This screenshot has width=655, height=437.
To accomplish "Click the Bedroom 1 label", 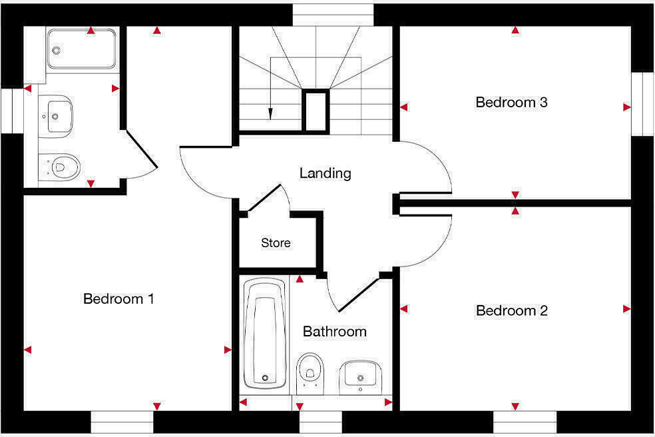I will (x=118, y=299).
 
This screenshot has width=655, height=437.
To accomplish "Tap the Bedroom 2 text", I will (x=511, y=311).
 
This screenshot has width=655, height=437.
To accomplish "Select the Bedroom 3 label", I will (x=511, y=103).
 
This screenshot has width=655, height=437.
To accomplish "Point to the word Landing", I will (x=325, y=174).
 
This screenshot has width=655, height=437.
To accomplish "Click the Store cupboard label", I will (x=276, y=243).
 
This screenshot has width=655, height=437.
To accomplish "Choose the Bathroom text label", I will (x=334, y=332).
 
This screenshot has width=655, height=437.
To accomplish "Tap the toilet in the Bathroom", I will (x=310, y=370).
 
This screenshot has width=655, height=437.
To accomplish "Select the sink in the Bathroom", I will (x=361, y=376).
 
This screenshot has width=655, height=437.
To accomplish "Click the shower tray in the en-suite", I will (x=81, y=49).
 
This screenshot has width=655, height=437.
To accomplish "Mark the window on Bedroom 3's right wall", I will (x=642, y=103).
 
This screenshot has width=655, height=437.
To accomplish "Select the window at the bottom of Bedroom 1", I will (x=122, y=422).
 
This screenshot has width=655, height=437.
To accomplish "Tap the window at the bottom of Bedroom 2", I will (x=525, y=422).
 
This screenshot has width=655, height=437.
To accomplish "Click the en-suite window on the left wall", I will (x=11, y=110).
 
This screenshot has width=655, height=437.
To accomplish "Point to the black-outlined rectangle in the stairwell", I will (x=316, y=111).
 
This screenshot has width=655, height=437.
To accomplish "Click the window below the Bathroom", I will (x=321, y=422).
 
